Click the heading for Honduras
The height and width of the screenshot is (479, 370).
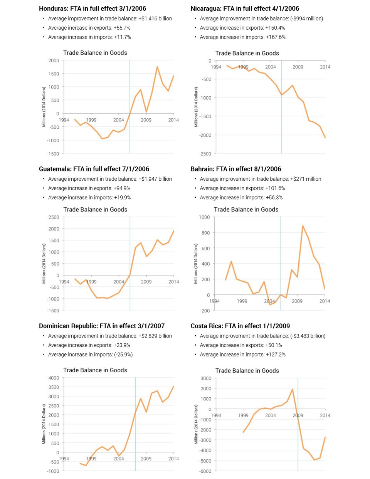92,8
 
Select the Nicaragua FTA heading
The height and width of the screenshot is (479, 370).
245,8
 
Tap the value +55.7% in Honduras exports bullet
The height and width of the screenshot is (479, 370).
122,28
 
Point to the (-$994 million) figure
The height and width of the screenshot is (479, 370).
306,18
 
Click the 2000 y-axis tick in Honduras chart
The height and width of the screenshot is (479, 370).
54,61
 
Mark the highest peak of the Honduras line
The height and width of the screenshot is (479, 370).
157,67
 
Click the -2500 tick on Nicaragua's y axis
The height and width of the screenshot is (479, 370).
205,154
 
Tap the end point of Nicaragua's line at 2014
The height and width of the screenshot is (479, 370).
325,138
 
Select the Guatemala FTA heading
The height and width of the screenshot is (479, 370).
94,169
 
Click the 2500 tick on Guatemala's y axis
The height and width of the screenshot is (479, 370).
54,217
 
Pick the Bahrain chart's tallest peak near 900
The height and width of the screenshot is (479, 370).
303,226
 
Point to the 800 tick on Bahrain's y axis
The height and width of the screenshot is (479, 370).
205,233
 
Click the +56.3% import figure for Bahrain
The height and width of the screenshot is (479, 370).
274,197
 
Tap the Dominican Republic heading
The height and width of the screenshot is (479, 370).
102,326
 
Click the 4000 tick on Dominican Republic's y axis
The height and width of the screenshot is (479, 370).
54,378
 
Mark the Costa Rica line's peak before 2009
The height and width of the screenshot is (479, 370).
293,389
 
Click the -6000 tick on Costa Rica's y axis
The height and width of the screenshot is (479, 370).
205,471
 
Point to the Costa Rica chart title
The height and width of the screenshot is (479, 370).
247,370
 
